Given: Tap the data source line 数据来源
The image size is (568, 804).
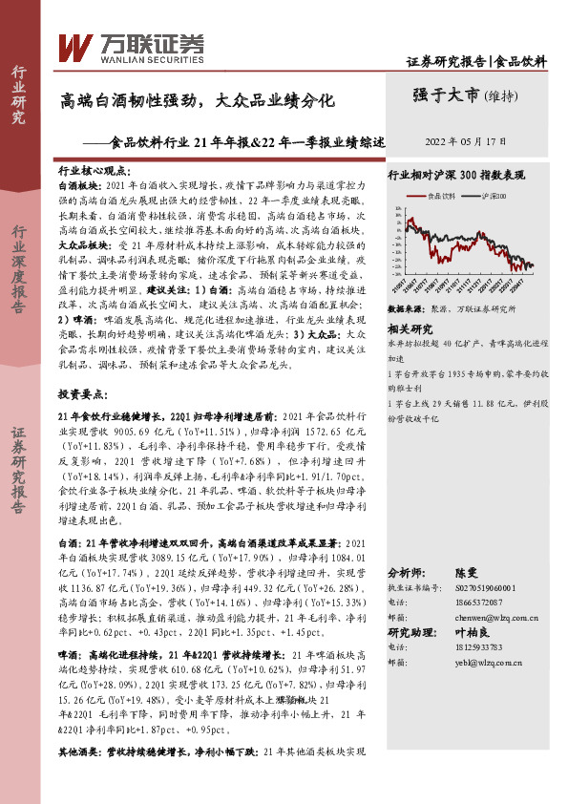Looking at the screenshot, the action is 449,310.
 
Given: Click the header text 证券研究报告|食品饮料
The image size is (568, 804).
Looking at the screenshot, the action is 476,61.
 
